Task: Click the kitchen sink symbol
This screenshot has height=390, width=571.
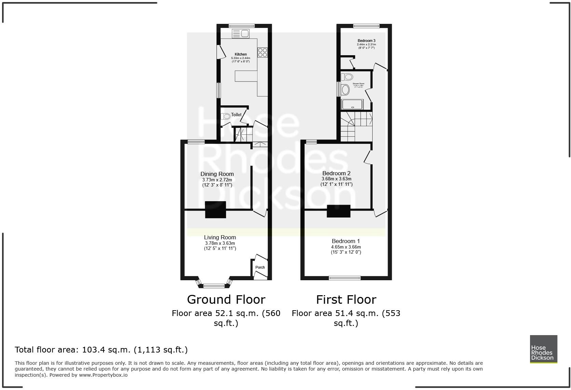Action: (x=241, y=33)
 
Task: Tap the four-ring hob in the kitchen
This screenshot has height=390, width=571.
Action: (x=263, y=52)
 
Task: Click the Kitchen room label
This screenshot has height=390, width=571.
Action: (x=240, y=54)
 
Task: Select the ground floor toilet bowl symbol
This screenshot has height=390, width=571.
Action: (x=226, y=116)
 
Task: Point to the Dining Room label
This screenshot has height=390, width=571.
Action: (x=217, y=174)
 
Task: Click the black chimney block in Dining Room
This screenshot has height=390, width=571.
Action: (x=215, y=210)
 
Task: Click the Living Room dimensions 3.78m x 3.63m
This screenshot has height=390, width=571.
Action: (x=220, y=243)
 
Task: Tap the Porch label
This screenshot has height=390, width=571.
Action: (x=260, y=267)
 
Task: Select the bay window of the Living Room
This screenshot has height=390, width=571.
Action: (x=214, y=285)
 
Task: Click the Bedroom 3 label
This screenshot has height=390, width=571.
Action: (x=366, y=41)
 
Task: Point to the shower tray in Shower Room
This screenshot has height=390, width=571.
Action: (x=352, y=104)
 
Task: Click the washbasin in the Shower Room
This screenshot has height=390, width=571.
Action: (x=346, y=90)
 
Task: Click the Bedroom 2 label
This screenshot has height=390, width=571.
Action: (x=336, y=173)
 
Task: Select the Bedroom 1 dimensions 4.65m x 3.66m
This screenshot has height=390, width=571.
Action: (x=346, y=247)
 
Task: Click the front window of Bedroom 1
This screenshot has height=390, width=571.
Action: (x=345, y=278)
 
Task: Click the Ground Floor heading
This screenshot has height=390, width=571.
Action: (x=226, y=300)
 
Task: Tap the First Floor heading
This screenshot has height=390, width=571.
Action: (x=346, y=300)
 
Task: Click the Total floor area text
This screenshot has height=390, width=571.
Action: (x=101, y=350)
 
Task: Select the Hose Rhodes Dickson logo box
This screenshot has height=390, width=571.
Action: (x=543, y=349)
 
